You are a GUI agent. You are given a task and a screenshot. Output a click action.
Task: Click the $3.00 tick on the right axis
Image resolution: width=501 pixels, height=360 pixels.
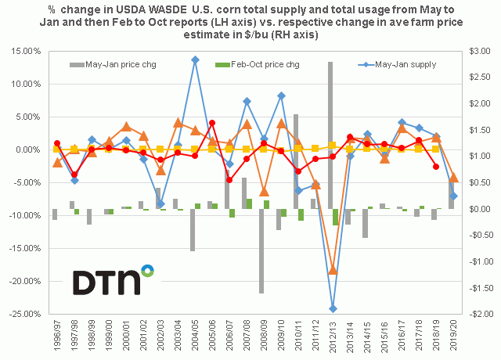(x=478, y=51)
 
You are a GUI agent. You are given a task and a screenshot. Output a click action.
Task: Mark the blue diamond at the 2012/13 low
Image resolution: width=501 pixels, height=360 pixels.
(x=333, y=308)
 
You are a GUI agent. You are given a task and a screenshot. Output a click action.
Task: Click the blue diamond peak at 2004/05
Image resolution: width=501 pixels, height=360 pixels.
(x=195, y=59)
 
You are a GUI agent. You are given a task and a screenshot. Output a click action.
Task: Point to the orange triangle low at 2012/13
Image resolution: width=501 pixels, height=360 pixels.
(x=333, y=270)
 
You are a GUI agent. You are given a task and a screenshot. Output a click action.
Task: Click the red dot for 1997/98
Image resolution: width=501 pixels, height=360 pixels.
(x=74, y=175)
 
